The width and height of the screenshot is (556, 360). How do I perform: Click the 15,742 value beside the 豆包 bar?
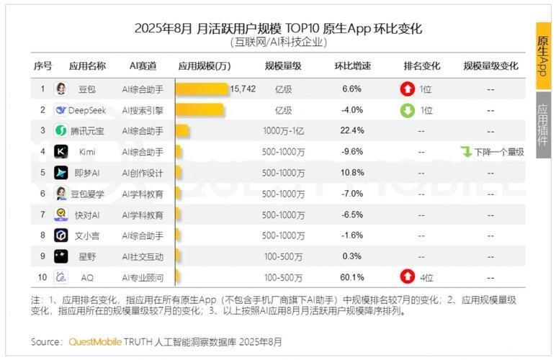click(x=243, y=89)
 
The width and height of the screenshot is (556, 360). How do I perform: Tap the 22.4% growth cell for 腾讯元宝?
click(x=352, y=131)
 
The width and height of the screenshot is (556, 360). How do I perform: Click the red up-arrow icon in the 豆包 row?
click(x=408, y=89)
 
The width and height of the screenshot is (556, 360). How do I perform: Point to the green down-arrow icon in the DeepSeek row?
click(x=408, y=110)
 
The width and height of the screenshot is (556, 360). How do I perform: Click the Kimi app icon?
click(x=61, y=152)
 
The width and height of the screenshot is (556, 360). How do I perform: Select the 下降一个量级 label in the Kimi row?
click(x=496, y=152)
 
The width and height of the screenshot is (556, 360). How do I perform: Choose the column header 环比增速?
click(x=352, y=66)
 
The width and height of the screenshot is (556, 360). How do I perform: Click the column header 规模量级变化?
click(x=490, y=66)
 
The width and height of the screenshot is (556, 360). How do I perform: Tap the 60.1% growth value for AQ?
click(x=352, y=277)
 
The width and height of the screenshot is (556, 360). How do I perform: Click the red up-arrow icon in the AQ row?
click(x=408, y=277)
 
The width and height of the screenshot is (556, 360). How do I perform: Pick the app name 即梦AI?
click(x=87, y=173)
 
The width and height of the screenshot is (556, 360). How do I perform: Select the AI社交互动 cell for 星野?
click(x=143, y=256)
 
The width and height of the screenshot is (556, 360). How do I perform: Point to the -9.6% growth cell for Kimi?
click(x=352, y=152)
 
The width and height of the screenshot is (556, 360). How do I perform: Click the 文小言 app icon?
click(x=61, y=235)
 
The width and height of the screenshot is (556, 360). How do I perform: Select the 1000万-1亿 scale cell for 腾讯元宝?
click(x=283, y=131)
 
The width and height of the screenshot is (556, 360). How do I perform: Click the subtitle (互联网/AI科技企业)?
click(x=278, y=42)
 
